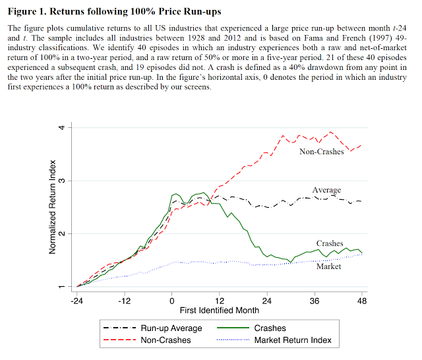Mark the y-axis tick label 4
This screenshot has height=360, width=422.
pyautogui.click(x=61, y=127)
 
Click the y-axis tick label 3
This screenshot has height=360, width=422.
pyautogui.click(x=61, y=181)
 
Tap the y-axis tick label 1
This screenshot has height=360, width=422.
pyautogui.click(x=61, y=287)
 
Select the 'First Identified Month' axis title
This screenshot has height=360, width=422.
pyautogui.click(x=220, y=310)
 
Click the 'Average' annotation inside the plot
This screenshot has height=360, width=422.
pyautogui.click(x=326, y=191)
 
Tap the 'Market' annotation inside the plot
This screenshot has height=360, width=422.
pyautogui.click(x=328, y=266)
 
